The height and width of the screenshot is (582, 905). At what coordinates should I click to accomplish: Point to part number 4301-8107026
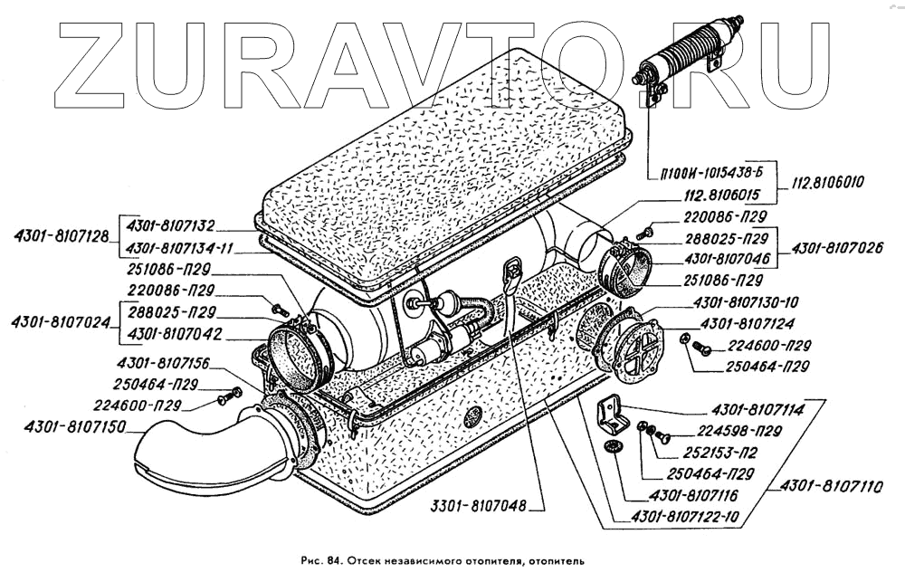pyautogui.click(x=837, y=247)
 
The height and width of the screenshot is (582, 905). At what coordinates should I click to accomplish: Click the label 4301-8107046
pyautogui.click(x=724, y=257)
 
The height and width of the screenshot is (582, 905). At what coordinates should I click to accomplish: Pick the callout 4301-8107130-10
pyautogui.click(x=745, y=302)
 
